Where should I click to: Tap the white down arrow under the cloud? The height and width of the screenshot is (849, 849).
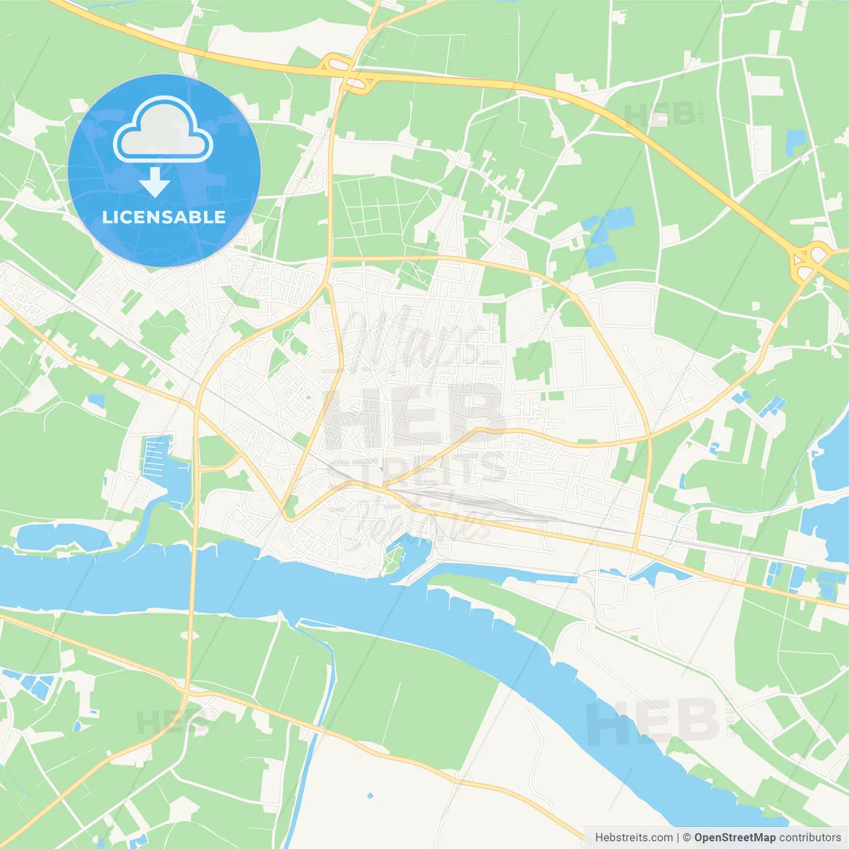point(155,182)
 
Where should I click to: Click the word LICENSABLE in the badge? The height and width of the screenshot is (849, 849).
point(164,217)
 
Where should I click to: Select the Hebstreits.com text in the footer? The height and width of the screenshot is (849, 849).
point(633,838)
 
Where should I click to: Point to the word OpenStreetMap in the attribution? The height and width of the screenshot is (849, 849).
point(734,838)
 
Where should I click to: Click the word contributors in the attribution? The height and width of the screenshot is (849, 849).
point(810,838)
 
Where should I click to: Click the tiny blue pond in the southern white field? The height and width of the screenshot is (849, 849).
point(370,795)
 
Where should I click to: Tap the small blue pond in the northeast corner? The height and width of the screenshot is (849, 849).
point(795,140)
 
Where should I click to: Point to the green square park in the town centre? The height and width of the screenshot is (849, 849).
point(532,362)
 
